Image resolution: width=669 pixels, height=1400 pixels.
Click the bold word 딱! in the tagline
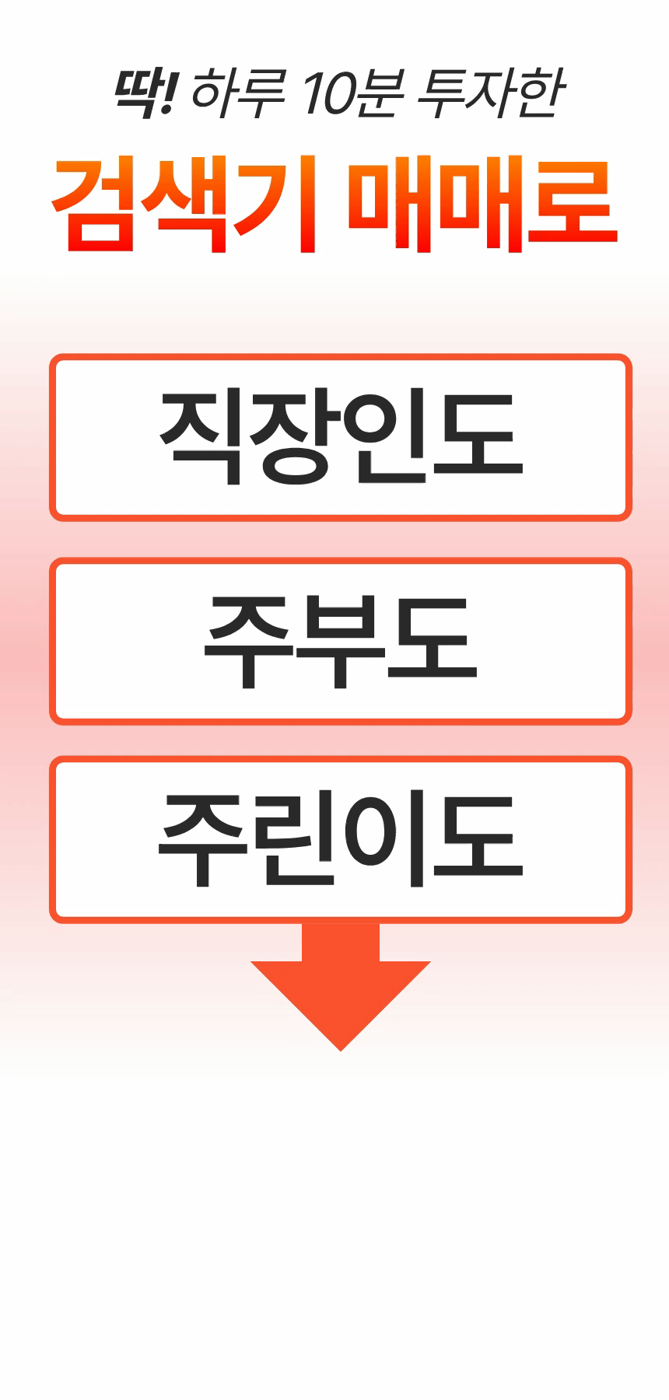[145, 93]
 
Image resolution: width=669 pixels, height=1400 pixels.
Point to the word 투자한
[490, 94]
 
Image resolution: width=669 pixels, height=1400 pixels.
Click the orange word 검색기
[185, 204]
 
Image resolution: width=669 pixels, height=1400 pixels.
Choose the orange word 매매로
[482, 204]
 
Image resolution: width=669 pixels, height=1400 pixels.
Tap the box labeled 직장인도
[341, 437]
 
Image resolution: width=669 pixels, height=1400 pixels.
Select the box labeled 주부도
[341, 641]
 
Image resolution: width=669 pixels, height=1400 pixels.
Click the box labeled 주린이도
[341, 839]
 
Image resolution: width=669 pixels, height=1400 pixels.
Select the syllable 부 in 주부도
[341, 642]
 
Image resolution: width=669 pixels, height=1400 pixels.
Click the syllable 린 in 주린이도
[295, 839]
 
